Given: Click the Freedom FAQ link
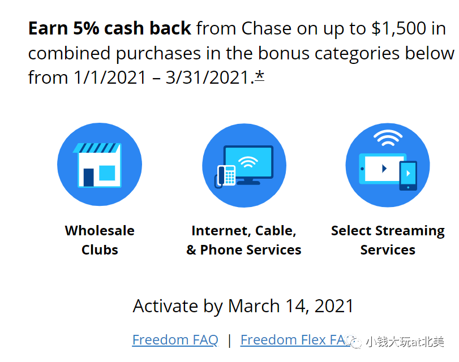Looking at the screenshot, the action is click(175, 340).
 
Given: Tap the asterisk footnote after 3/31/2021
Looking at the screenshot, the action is click(259, 76).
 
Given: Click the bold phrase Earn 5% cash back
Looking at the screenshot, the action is click(109, 28).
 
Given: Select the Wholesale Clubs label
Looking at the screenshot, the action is click(100, 240).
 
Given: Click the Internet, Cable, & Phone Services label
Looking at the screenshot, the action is click(244, 240).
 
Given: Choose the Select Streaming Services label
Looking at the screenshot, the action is click(388, 240).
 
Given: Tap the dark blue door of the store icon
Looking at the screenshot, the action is click(89, 178).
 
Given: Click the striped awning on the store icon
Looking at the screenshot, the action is click(97, 148).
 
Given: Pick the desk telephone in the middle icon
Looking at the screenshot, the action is click(225, 176).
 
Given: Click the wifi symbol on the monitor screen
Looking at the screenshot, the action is click(248, 162).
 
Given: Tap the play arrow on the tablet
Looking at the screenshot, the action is click(384, 168).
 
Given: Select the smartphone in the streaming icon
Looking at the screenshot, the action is click(408, 175).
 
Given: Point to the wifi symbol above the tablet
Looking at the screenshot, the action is click(388, 138).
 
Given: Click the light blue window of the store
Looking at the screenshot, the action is click(107, 173).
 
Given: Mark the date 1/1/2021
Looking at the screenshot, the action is click(110, 77).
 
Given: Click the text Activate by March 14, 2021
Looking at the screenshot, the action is click(243, 306).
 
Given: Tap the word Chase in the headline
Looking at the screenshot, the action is click(267, 28).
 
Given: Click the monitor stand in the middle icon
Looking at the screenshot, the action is click(248, 182).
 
